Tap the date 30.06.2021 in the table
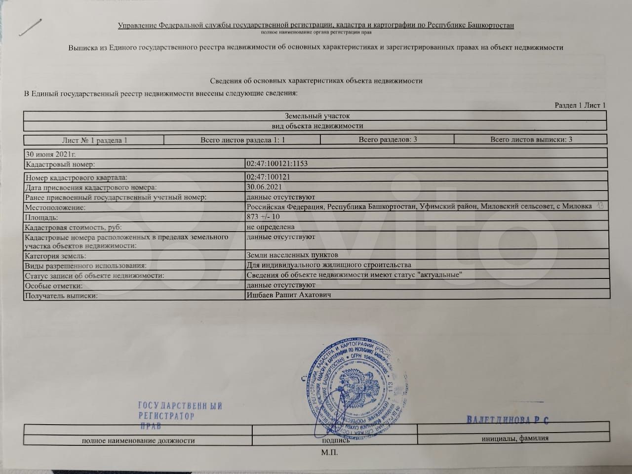pyautogui.click(x=264, y=187)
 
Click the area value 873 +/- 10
pyautogui.click(x=263, y=217)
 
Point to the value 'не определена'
pyautogui.click(x=270, y=227)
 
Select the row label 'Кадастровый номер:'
pyautogui.click(x=60, y=164)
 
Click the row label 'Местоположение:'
pyautogui.click(x=55, y=207)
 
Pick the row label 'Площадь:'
pyautogui.click(x=41, y=217)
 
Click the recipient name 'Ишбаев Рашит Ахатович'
pyautogui.click(x=288, y=295)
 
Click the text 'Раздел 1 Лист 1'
pyautogui.click(x=580, y=105)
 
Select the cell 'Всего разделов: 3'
pyautogui.click(x=388, y=140)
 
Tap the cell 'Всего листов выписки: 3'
pyautogui.click(x=531, y=140)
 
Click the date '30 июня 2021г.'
pyautogui.click(x=47, y=154)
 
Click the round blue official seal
pyautogui.click(x=352, y=383)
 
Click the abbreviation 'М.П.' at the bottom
pyautogui.click(x=329, y=452)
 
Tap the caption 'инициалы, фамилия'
pyautogui.click(x=515, y=438)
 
